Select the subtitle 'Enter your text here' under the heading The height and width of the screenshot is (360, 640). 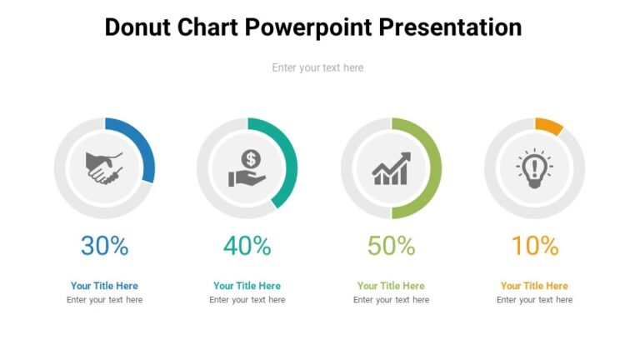(317, 67)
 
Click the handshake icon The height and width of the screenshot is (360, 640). (104, 167)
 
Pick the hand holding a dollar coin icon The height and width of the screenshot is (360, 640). (247, 167)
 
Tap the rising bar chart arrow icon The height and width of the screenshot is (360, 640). (391, 168)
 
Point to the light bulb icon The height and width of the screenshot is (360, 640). (534, 167)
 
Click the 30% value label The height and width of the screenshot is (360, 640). (104, 246)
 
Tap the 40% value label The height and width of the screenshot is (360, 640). (247, 246)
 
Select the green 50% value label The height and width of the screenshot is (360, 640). (391, 246)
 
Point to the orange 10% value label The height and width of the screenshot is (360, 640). (534, 246)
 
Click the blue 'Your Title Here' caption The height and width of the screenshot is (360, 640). (104, 286)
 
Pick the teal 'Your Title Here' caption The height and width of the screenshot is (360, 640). (247, 286)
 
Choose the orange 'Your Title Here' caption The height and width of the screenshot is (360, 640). (534, 286)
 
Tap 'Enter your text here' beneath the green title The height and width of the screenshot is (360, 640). (391, 300)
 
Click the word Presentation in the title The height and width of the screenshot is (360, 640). (450, 27)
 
